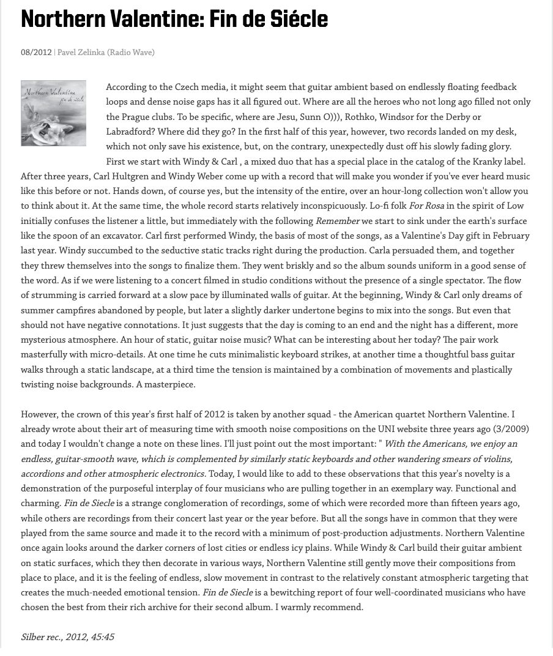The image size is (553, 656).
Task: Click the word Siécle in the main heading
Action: click(300, 20)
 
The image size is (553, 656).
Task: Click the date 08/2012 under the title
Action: click(36, 53)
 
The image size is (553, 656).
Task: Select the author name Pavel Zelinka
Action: click(81, 53)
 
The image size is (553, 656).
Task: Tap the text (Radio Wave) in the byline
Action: click(131, 53)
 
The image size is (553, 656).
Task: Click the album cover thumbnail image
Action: click(53, 113)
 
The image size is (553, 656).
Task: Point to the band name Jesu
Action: click(287, 117)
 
